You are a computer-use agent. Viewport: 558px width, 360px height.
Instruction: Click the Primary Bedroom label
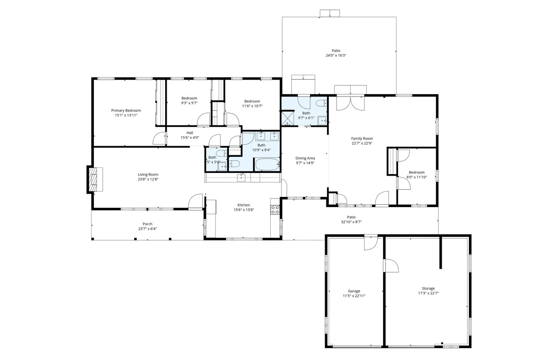coord(126,110)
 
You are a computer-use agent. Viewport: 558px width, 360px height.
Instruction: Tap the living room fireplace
coord(95,179)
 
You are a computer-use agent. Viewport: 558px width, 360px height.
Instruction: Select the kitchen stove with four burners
coord(275,210)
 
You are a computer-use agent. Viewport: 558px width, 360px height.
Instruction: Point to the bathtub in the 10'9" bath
coord(267,164)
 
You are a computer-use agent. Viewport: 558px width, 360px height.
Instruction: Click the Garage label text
coord(354,291)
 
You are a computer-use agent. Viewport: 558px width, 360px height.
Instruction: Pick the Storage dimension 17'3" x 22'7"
coord(428,293)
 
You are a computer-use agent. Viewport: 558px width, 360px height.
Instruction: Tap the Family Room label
coord(362,138)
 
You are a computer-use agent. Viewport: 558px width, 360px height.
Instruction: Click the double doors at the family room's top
coord(350,103)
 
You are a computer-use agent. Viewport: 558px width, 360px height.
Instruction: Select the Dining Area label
coord(305,158)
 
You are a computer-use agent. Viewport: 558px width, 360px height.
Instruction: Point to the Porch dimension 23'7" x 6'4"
coord(147,229)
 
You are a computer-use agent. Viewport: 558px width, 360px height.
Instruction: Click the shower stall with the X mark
coord(287,118)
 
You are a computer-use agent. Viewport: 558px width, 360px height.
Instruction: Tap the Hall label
coord(190,133)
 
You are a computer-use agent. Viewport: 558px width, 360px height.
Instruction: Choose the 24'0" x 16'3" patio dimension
coord(336,55)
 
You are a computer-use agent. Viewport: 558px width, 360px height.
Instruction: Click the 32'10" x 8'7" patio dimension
coord(351,222)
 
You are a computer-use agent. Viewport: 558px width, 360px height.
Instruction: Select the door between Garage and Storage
coord(391,265)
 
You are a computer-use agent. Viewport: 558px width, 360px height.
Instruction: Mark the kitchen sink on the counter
coord(241,178)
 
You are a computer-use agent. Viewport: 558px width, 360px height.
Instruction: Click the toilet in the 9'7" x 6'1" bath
coord(322,103)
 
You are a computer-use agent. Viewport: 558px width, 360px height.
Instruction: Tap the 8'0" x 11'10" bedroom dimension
coord(417,177)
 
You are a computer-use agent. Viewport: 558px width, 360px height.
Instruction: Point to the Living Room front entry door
coord(195,201)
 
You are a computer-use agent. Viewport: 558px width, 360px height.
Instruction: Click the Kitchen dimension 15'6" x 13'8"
coord(244,210)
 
